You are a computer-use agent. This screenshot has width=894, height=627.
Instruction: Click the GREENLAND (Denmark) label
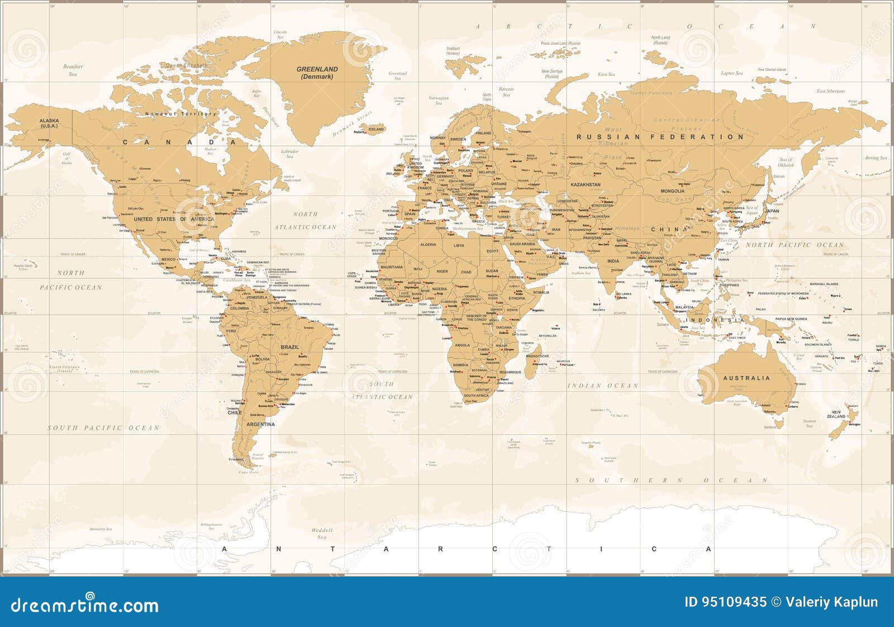pyautogui.click(x=317, y=73)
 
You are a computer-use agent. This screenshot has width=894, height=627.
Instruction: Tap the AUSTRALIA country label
pyautogui.click(x=746, y=378)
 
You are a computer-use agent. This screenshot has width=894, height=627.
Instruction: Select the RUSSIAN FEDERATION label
pyautogui.click(x=660, y=137)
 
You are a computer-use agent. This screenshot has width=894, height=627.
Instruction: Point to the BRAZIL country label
pyautogui.click(x=290, y=347)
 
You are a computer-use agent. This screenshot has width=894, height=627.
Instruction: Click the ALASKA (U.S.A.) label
pyautogui.click(x=49, y=123)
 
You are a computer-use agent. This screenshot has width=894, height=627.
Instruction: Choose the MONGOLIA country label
pyautogui.click(x=672, y=191)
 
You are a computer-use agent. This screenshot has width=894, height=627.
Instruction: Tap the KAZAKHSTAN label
pyautogui.click(x=585, y=184)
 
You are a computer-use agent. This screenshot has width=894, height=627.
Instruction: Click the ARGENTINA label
pyautogui.click(x=261, y=424)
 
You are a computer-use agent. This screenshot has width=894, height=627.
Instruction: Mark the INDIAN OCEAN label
pyautogui.click(x=603, y=386)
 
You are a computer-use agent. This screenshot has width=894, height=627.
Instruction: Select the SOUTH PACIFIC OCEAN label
pyautogui.click(x=103, y=428)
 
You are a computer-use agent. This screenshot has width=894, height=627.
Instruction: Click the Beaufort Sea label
pyautogui.click(x=73, y=70)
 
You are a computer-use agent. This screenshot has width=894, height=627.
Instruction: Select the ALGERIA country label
pyautogui.click(x=427, y=245)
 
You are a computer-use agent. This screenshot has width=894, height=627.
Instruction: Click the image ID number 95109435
pyautogui.click(x=725, y=602)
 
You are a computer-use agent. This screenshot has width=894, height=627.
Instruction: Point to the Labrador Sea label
pyautogui.click(x=289, y=153)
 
